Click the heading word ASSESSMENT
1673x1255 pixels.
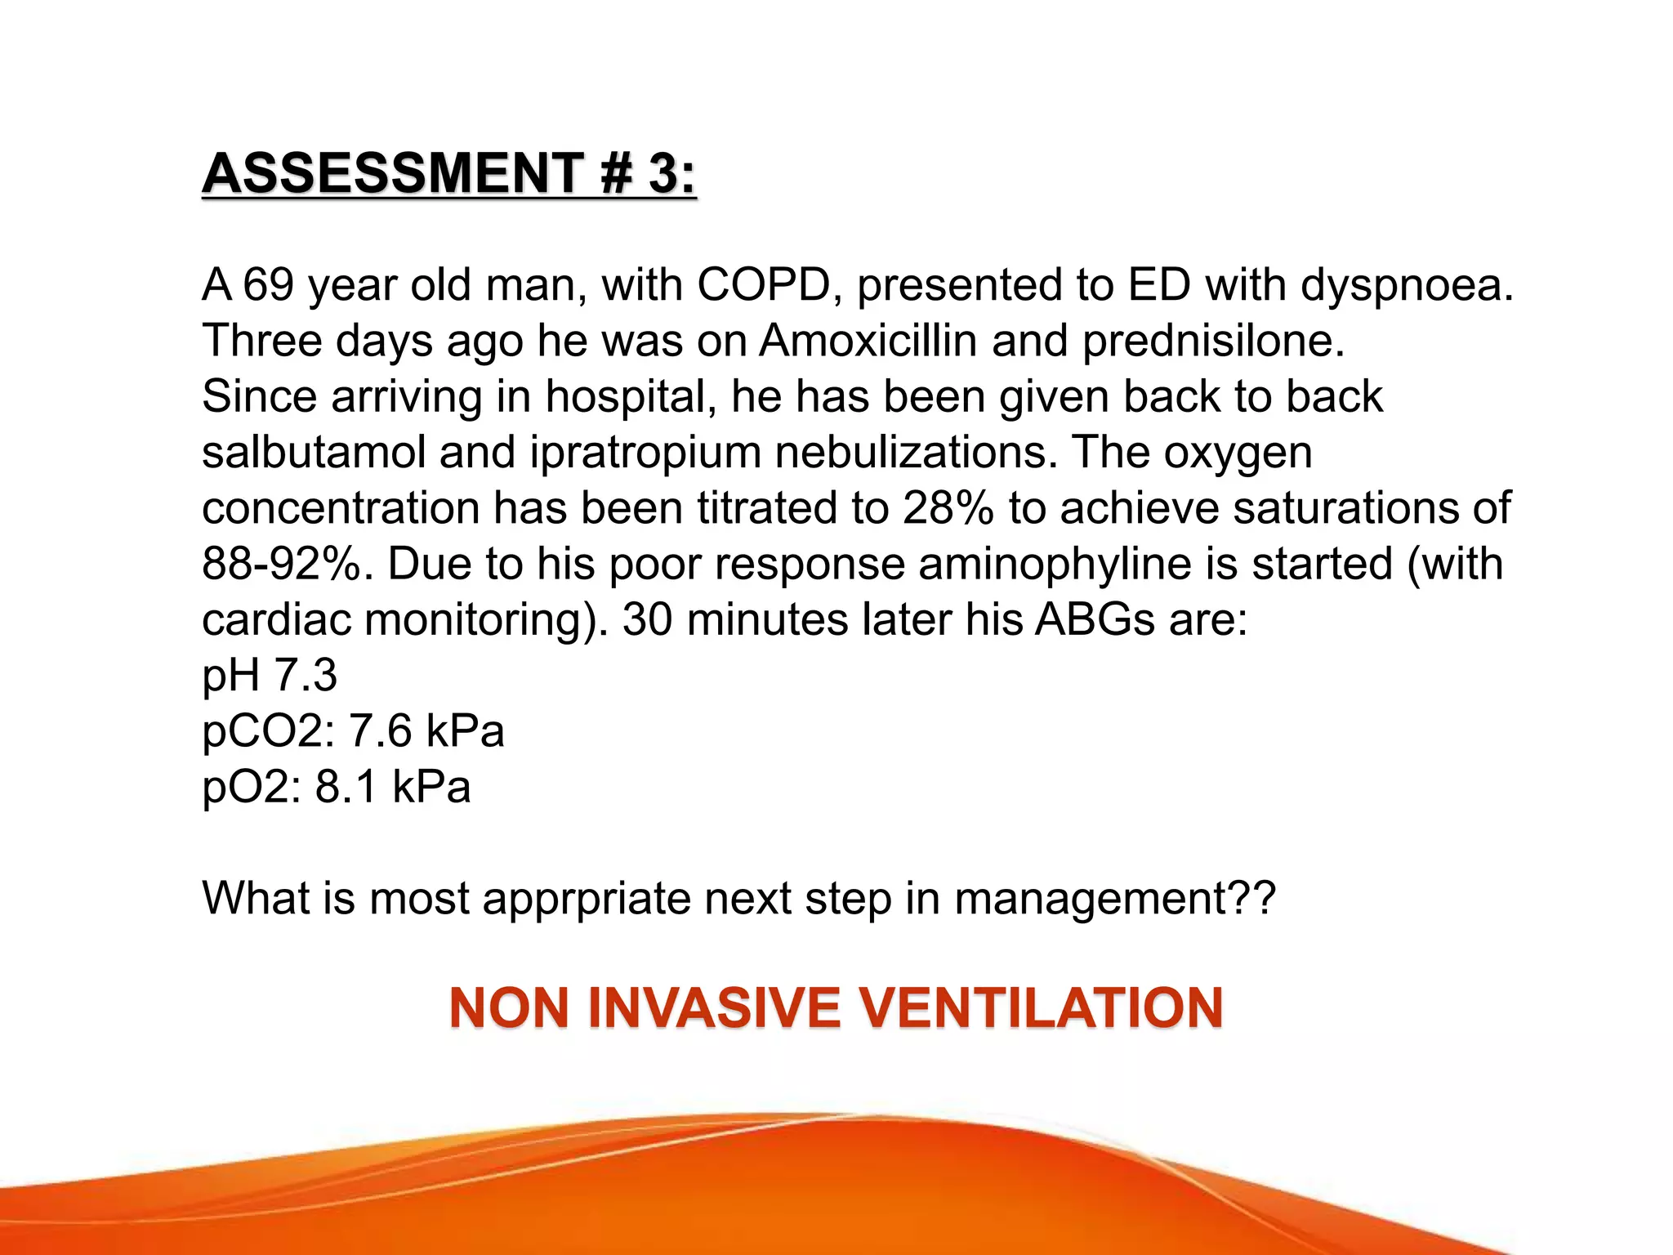click(392, 173)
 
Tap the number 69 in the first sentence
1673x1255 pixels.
click(268, 285)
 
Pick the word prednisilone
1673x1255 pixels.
click(1212, 342)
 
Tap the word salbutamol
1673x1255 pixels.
click(314, 452)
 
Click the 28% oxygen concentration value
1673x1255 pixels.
click(948, 508)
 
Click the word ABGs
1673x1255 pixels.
click(1094, 619)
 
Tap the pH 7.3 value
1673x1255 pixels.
click(270, 677)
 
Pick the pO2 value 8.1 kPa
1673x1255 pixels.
click(392, 787)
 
